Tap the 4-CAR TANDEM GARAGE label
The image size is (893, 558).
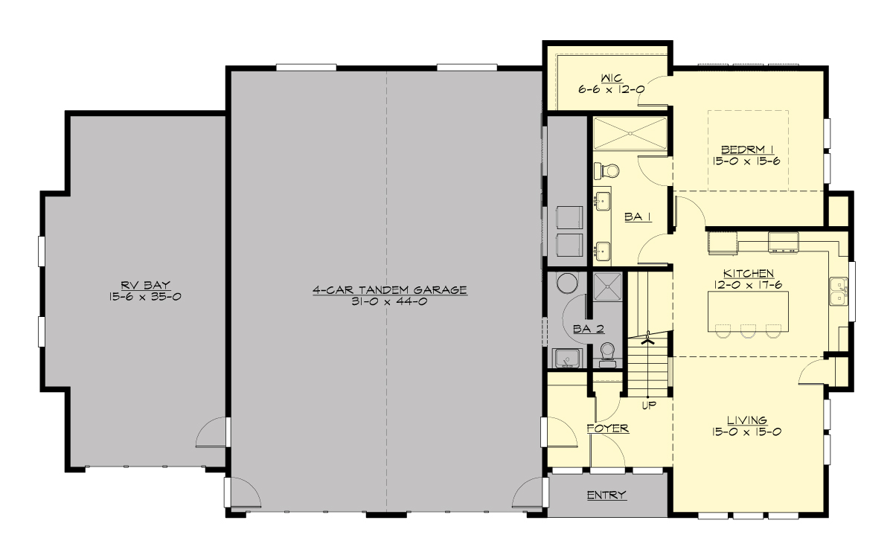tap(389, 289)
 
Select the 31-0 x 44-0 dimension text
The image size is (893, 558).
tap(389, 301)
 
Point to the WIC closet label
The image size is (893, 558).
tap(612, 77)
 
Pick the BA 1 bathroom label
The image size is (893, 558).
tap(638, 217)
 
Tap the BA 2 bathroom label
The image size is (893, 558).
tap(588, 329)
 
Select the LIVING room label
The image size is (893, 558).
tap(748, 420)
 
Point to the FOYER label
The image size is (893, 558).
tap(608, 429)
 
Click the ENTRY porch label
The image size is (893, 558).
tap(606, 495)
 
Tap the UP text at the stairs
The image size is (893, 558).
tap(650, 405)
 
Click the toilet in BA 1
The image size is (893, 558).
tap(601, 170)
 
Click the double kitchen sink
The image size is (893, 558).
tap(838, 291)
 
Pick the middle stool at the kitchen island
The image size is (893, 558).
tap(747, 330)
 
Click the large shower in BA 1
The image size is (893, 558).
tap(630, 134)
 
